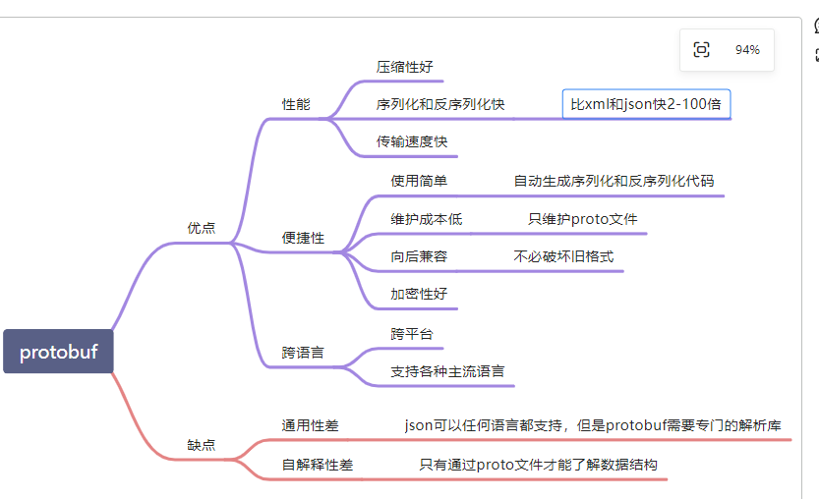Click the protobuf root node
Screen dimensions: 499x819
pos(58,352)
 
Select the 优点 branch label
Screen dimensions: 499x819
pos(201,227)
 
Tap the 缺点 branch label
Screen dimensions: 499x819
pos(201,444)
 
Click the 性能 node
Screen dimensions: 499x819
pos(296,103)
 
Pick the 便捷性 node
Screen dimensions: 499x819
pos(303,238)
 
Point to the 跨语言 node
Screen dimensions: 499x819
pos(303,351)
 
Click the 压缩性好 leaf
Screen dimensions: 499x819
pos(404,67)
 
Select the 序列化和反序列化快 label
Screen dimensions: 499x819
pos(440,103)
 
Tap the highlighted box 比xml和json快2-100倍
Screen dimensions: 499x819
pos(646,103)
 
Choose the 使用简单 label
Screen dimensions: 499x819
pos(419,181)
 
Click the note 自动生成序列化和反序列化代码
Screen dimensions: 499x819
pos(614,181)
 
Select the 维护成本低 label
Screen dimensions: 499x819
pos(426,218)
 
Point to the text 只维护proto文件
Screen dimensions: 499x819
pos(582,218)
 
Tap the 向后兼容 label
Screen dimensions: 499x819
pos(419,256)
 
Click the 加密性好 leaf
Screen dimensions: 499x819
pos(419,294)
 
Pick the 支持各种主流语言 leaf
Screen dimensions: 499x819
pos(447,371)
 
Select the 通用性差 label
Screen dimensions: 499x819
pos(310,425)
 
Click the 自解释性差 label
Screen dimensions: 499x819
pos(317,465)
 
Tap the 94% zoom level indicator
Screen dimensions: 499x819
pos(747,50)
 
